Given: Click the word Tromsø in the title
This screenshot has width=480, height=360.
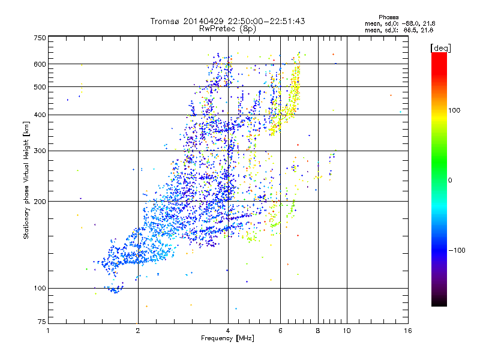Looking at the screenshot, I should (x=164, y=21).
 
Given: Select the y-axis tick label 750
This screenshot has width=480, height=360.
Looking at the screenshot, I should (x=40, y=38).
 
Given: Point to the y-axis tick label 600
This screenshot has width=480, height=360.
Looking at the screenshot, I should (x=40, y=64).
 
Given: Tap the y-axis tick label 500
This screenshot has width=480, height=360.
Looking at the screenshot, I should (x=40, y=87).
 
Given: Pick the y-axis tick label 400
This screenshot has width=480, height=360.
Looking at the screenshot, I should (x=40, y=115).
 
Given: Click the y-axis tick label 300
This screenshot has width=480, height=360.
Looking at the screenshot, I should (x=40, y=151).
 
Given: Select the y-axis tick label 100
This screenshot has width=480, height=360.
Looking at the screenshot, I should (x=40, y=289).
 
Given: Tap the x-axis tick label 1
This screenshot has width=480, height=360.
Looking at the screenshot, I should (x=48, y=331).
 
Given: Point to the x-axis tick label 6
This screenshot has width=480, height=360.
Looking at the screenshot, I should (x=280, y=331).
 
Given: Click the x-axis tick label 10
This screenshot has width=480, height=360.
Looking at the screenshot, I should (x=346, y=331).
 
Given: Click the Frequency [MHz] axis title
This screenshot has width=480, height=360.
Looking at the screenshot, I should (x=227, y=339).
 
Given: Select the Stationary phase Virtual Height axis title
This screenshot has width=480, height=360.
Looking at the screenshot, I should (x=26, y=180).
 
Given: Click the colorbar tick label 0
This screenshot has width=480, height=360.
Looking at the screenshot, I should (x=451, y=180).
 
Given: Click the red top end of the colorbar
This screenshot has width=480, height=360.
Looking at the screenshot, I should (x=439, y=55).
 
